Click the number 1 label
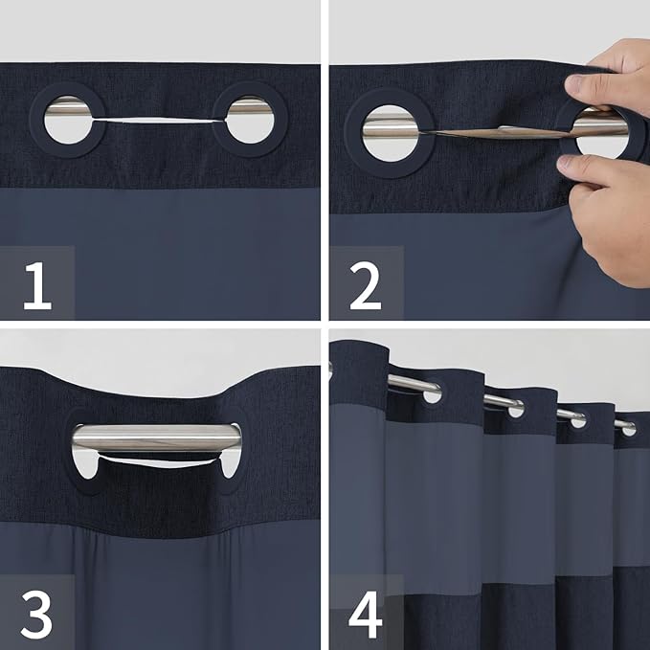(x=36, y=284)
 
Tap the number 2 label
(x=365, y=284)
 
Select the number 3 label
(x=36, y=614)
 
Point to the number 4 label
(x=365, y=614)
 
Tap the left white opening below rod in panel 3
(x=86, y=466)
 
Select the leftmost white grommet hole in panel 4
(x=433, y=394)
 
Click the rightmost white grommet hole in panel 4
(x=628, y=430)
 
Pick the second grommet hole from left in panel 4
(x=516, y=410)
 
